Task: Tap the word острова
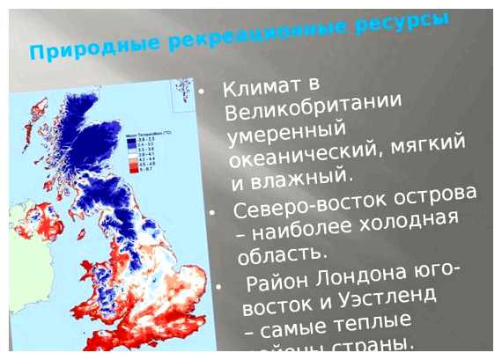coord(433,193)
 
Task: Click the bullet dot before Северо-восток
coord(212,214)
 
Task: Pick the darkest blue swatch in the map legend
coord(130,137)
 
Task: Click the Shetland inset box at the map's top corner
coord(182,91)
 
